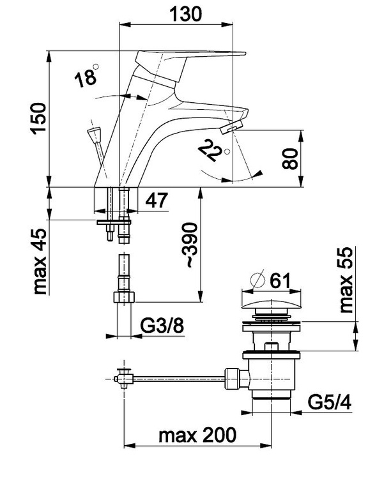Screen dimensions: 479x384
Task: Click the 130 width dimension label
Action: point(185,13)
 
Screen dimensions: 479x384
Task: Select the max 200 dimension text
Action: point(197,436)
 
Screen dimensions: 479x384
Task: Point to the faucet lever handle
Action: point(192,58)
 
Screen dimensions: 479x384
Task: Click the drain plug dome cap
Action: point(270,301)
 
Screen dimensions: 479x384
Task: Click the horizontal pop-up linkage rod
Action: point(179,381)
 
